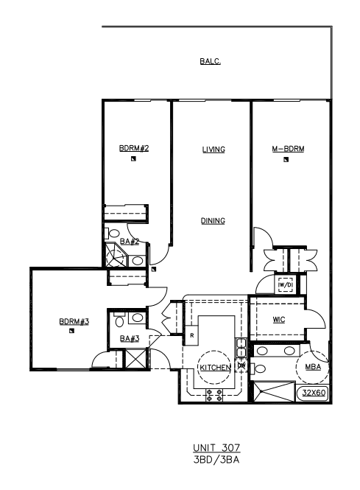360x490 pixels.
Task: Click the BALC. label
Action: [x=210, y=61]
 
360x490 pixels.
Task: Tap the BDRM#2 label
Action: [x=134, y=148]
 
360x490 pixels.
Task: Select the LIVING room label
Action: [x=213, y=150]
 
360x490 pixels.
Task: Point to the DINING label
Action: [x=213, y=221]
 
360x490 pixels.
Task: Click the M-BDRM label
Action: [x=288, y=149]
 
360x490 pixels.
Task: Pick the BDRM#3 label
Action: [x=74, y=321]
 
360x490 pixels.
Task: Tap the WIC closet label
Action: [x=279, y=320]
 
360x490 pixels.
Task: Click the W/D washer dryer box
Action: [x=286, y=284]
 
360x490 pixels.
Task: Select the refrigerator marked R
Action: [x=191, y=335]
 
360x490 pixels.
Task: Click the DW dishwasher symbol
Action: [x=241, y=365]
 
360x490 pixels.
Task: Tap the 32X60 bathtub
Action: [x=314, y=393]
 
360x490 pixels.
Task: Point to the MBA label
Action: [x=313, y=367]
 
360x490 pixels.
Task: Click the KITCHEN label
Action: [x=215, y=368]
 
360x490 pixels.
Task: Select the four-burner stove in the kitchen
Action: [x=214, y=395]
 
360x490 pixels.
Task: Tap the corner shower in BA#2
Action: [x=115, y=256]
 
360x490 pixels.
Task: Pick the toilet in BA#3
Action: [x=119, y=320]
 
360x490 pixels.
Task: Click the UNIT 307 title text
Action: [x=216, y=448]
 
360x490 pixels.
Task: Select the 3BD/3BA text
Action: [x=216, y=460]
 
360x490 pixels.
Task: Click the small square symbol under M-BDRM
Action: [x=286, y=160]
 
